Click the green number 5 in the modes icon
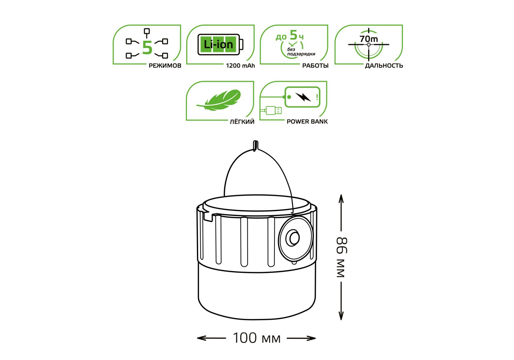coord(147,48)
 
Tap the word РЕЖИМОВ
coord(165,66)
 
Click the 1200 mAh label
coord(240,66)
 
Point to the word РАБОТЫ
coord(315,66)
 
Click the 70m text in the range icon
coord(369,39)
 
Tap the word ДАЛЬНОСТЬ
coord(384,66)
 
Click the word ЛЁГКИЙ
coord(242,121)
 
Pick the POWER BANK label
coord(307,121)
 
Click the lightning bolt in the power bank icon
coord(303,97)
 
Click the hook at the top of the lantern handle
coord(255,145)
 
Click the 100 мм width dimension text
coord(257,338)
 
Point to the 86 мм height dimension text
coord(342,257)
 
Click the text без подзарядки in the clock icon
coord(301,52)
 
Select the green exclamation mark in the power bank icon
coord(317,97)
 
